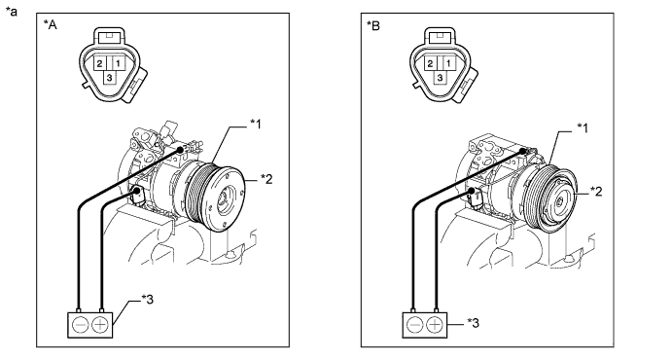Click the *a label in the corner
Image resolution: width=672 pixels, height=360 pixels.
tap(12, 11)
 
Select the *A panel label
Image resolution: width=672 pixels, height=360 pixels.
tap(51, 25)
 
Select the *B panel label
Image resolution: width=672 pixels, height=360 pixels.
tap(373, 25)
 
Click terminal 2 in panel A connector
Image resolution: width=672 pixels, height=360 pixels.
tap(99, 64)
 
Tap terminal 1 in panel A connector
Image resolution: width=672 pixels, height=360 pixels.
tap(118, 64)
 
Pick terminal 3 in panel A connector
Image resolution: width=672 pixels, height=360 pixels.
tap(110, 78)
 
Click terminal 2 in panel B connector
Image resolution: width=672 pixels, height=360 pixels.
tap(430, 64)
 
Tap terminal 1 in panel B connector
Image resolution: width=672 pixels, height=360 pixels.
tap(448, 64)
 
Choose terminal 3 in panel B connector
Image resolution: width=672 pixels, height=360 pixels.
tap(440, 78)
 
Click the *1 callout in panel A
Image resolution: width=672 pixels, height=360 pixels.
tap(256, 125)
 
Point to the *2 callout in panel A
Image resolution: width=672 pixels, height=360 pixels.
tap(266, 179)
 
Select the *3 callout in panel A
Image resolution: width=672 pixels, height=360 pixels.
tap(147, 300)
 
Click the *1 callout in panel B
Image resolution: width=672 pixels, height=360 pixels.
tap(583, 127)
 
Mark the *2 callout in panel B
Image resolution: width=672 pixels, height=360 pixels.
tap(596, 191)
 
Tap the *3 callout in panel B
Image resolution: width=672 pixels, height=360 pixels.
tap(474, 323)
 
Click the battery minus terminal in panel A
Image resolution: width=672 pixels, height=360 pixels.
tap(80, 325)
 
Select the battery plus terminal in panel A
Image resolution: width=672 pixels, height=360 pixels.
tap(100, 325)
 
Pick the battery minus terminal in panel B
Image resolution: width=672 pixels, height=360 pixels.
tap(415, 325)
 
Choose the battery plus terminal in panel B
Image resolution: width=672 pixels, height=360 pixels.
tap(435, 325)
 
